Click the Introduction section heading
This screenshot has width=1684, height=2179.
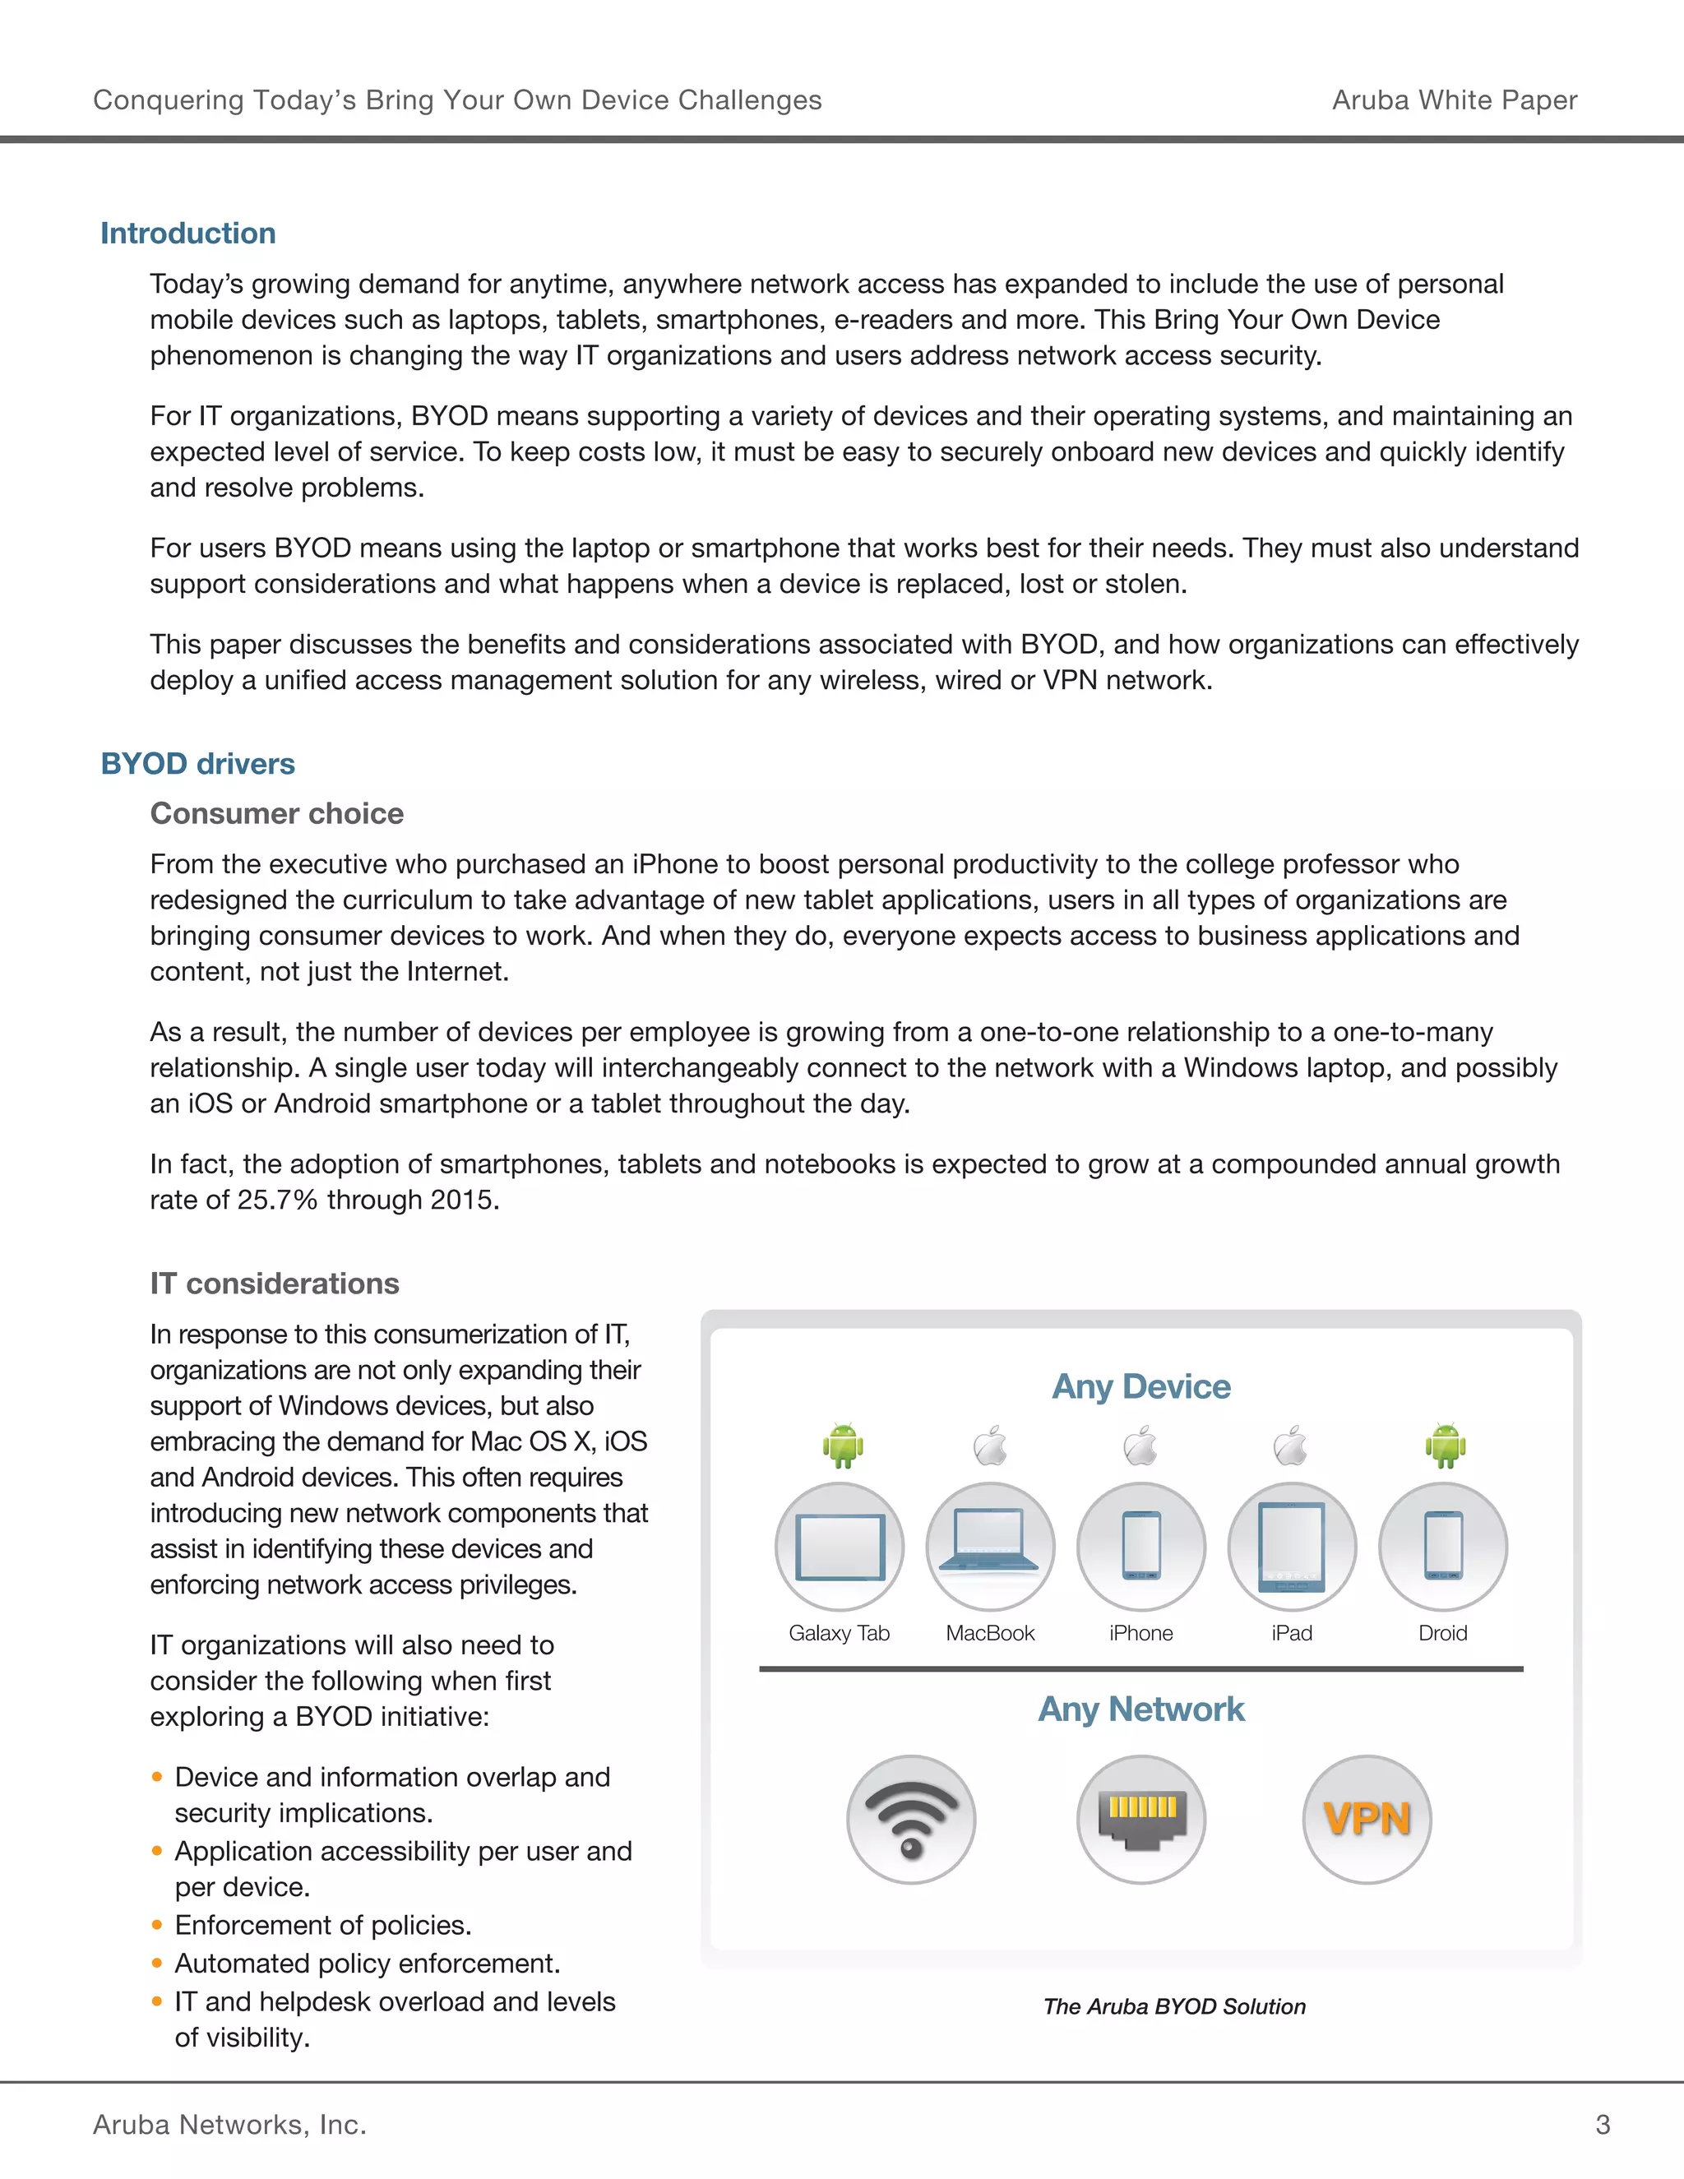[x=188, y=233]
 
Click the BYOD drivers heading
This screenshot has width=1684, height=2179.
[x=197, y=763]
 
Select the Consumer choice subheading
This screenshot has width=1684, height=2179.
[x=276, y=813]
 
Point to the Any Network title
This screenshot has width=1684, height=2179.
[x=1141, y=1709]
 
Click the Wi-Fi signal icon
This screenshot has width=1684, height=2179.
[x=911, y=1819]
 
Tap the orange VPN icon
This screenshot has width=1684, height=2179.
[x=1367, y=1819]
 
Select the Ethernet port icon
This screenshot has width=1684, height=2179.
[x=1141, y=1819]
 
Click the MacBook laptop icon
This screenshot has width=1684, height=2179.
[x=990, y=1546]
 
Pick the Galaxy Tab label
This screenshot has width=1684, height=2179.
[x=839, y=1633]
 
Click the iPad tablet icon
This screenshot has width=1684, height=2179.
[x=1292, y=1546]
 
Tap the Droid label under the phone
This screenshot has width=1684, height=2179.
[x=1442, y=1633]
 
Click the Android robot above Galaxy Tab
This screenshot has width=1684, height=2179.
[x=843, y=1445]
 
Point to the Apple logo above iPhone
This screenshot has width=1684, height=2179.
[x=1140, y=1446]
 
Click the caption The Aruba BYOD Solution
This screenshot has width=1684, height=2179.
[x=1174, y=2006]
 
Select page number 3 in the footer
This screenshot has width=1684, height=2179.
[x=1603, y=2124]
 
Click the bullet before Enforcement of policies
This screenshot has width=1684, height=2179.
[x=156, y=1925]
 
